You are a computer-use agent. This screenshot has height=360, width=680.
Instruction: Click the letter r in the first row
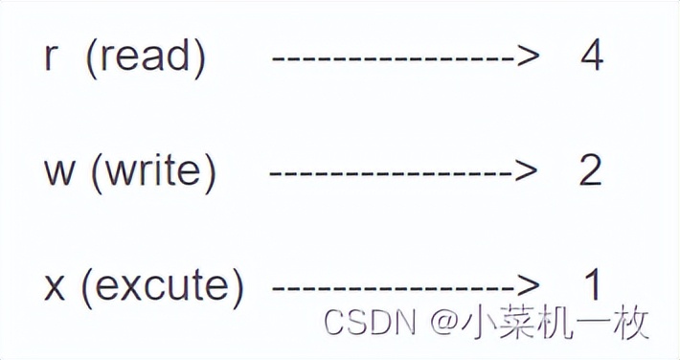(x=51, y=58)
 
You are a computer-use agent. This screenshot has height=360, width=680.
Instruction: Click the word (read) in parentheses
(x=146, y=57)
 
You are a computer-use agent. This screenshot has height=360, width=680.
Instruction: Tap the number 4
(x=591, y=57)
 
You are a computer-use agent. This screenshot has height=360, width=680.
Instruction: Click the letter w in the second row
(x=57, y=172)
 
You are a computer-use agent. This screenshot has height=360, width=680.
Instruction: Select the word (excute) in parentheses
(x=163, y=285)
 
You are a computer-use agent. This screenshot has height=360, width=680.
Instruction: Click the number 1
(x=594, y=285)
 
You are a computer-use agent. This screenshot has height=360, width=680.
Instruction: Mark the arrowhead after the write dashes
(x=523, y=172)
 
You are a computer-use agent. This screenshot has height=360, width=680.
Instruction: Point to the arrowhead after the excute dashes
(x=529, y=286)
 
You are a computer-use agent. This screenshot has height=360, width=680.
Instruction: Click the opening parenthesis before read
(x=91, y=58)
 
